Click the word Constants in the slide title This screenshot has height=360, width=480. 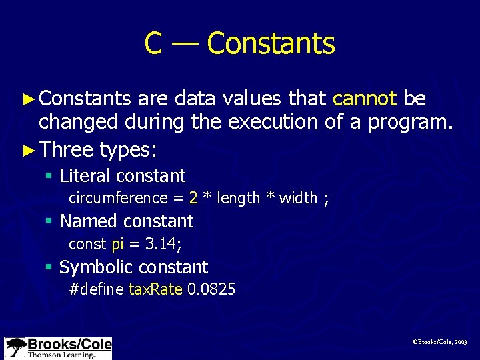tap(271, 44)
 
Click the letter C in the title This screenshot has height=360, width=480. tap(153, 44)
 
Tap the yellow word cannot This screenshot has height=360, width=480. tap(365, 99)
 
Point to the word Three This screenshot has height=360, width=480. tap(66, 149)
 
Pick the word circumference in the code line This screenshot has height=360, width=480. tap(118, 198)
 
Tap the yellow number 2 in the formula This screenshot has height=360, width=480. tap(193, 198)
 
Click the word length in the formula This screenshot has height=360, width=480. tap(239, 198)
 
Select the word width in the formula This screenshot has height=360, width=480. tap(298, 198)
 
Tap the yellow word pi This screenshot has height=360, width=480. tap(117, 245)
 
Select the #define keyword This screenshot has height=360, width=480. tap(97, 289)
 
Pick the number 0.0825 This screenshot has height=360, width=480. tap(211, 289)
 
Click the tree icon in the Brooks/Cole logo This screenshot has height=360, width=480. tap(15, 348)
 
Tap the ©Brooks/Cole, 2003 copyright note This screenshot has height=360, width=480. tap(440, 341)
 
